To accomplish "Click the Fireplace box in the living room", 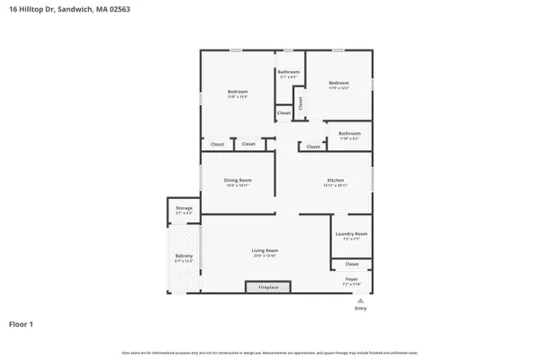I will (x=268, y=287).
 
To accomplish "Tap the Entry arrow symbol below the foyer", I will (x=360, y=300).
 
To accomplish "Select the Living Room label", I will (x=265, y=250).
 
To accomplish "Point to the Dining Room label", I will (x=238, y=180).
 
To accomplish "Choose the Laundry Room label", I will (x=351, y=233).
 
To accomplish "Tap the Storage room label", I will (x=184, y=208).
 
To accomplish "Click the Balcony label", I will (x=184, y=256).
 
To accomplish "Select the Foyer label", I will (x=352, y=279).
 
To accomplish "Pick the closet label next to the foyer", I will (x=352, y=264).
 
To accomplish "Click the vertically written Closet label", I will (x=301, y=103).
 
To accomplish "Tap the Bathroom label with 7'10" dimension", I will (x=349, y=133).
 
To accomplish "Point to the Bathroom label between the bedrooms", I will (x=288, y=72).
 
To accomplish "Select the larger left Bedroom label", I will (x=238, y=92).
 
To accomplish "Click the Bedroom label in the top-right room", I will (x=338, y=83).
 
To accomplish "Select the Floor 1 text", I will (x=22, y=323).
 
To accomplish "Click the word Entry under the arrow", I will (x=360, y=309).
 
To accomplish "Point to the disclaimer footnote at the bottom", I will (x=270, y=352).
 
